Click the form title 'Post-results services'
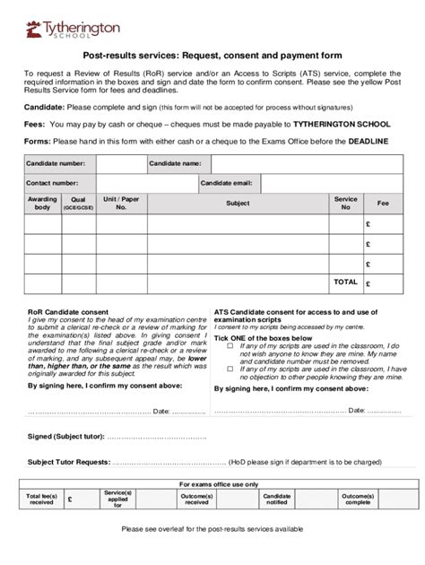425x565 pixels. pos(212,55)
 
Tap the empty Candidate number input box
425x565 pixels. pos(120,164)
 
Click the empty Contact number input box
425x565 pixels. pos(139,183)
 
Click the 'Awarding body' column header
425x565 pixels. pos(42,204)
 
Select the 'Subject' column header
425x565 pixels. pos(238,204)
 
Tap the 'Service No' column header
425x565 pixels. pos(345,204)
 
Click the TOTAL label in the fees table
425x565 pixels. pos(345,282)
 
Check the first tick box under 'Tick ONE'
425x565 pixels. pos(231,344)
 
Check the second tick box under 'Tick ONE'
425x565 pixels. pos(231,368)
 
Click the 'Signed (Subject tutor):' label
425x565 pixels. pos(65,436)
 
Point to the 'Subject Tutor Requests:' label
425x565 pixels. pos(69,462)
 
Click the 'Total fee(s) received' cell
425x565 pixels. pos(42,499)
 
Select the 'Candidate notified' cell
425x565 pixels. pos(276,499)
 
